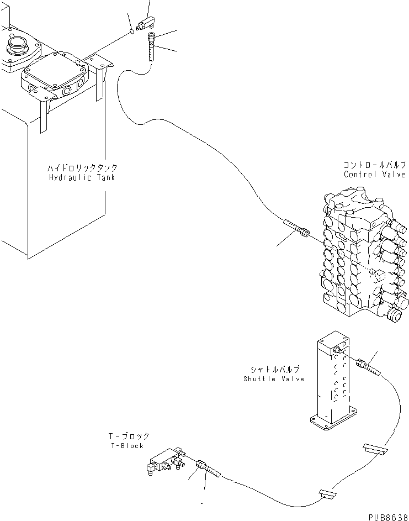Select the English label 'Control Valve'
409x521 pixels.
(x=374, y=174)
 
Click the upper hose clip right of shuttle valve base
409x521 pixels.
(x=374, y=449)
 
